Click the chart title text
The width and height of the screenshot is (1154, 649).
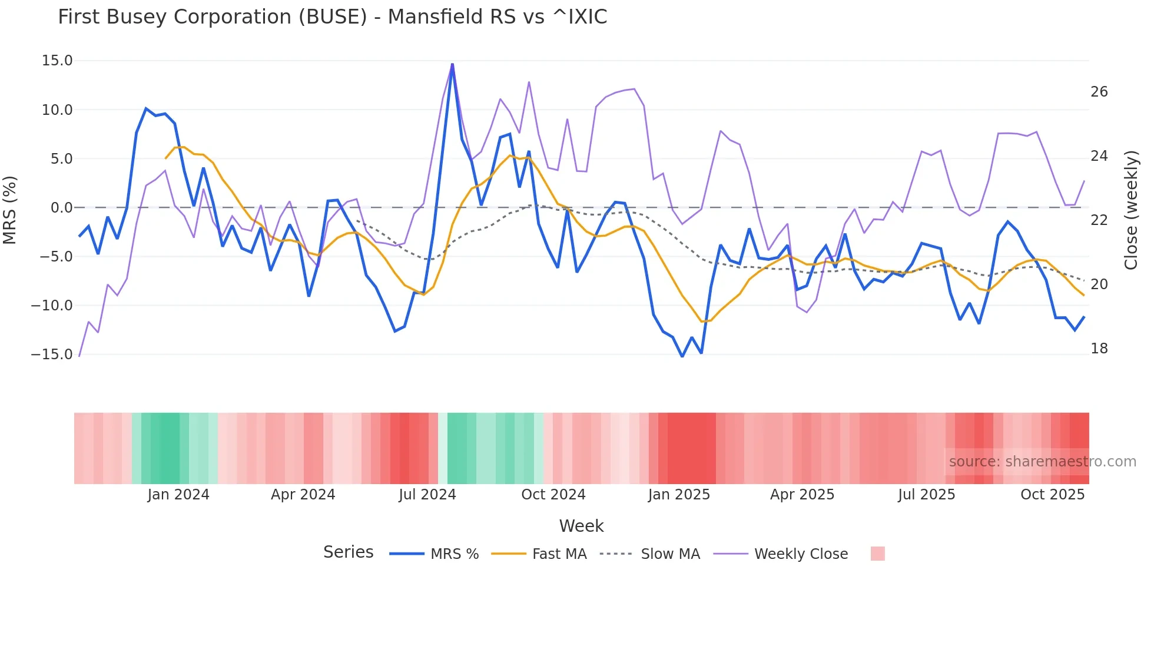tap(332, 17)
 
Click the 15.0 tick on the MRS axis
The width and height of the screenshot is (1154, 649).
tap(57, 61)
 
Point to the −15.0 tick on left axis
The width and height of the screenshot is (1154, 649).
tap(52, 355)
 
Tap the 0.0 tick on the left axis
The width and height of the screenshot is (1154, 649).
tap(61, 208)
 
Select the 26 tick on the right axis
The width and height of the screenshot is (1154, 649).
tap(1099, 92)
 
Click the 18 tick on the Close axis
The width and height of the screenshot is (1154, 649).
tap(1099, 349)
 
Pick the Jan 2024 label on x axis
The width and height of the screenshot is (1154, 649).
tap(178, 495)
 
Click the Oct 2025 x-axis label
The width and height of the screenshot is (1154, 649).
tap(1052, 495)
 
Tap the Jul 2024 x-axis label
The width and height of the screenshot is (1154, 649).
tap(427, 495)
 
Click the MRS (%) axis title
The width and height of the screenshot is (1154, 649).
tap(10, 210)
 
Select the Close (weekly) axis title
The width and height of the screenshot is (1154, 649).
tap(1130, 210)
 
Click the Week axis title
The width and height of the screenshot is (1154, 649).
tap(581, 526)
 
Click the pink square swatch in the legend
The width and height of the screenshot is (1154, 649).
tap(877, 554)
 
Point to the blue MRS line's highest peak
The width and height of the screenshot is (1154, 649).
tap(452, 64)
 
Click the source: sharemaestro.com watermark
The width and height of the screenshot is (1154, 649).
tap(1042, 462)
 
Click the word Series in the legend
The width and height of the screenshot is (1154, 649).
tap(348, 552)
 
